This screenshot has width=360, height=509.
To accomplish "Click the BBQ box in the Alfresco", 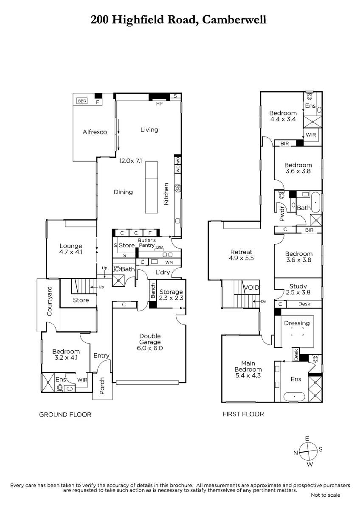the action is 82,101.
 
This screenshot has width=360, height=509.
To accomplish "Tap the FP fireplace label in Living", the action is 159,103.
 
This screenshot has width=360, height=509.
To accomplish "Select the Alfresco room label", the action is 95,132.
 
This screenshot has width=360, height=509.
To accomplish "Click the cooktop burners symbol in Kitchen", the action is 177,188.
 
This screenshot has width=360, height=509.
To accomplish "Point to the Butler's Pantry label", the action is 147,243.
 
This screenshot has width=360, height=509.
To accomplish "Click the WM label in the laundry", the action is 169,263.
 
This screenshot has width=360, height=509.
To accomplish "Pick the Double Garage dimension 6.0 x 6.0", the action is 150,348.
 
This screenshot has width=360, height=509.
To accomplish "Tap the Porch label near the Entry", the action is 102,386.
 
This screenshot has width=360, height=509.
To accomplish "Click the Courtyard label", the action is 49,301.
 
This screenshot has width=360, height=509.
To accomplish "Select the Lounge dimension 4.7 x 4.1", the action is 71,252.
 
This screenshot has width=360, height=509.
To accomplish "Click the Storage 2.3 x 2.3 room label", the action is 171,295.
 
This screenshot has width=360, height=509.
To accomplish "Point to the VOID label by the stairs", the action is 251,288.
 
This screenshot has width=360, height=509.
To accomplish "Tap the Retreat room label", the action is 241,252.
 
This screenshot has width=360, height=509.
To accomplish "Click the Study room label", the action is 298,286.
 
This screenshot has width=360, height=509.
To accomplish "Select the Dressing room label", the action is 297,323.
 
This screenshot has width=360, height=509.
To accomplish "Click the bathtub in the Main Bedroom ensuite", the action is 294,397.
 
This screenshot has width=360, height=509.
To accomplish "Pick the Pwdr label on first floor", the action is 282,214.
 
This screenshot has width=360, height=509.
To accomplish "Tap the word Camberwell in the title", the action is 234,20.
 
